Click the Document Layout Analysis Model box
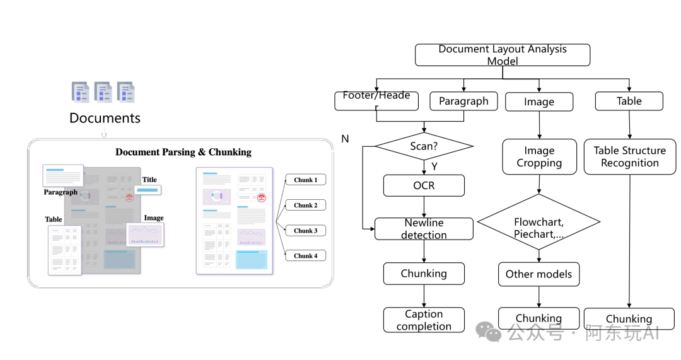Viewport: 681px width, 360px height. coord(503,55)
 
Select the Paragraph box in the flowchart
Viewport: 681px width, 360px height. coord(463,101)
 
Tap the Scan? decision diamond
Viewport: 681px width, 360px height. coord(424,146)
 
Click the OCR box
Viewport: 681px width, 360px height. coord(424,185)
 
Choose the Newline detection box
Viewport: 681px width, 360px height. coord(424,229)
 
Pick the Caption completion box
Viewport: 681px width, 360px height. coord(424,320)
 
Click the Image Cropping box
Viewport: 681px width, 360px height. coord(539,157)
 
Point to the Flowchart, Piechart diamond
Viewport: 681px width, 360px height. coord(539,222)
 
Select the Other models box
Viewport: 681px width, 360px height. coord(539,274)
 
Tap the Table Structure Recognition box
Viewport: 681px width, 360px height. coord(630,157)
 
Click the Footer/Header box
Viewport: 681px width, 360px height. coord(376,101)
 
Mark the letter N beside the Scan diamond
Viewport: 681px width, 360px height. coord(346,139)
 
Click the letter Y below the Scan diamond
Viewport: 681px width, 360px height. coord(434,166)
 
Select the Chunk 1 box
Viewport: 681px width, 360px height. coord(306,180)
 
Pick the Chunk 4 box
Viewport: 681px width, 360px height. coord(306,256)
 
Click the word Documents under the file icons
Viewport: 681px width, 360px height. coord(105,118)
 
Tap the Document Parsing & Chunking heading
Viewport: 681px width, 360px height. coord(183,152)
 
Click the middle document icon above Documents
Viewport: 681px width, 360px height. coord(103,91)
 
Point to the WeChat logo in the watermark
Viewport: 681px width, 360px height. coord(489,332)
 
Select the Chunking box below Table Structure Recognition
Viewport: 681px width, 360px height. coord(629,319)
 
